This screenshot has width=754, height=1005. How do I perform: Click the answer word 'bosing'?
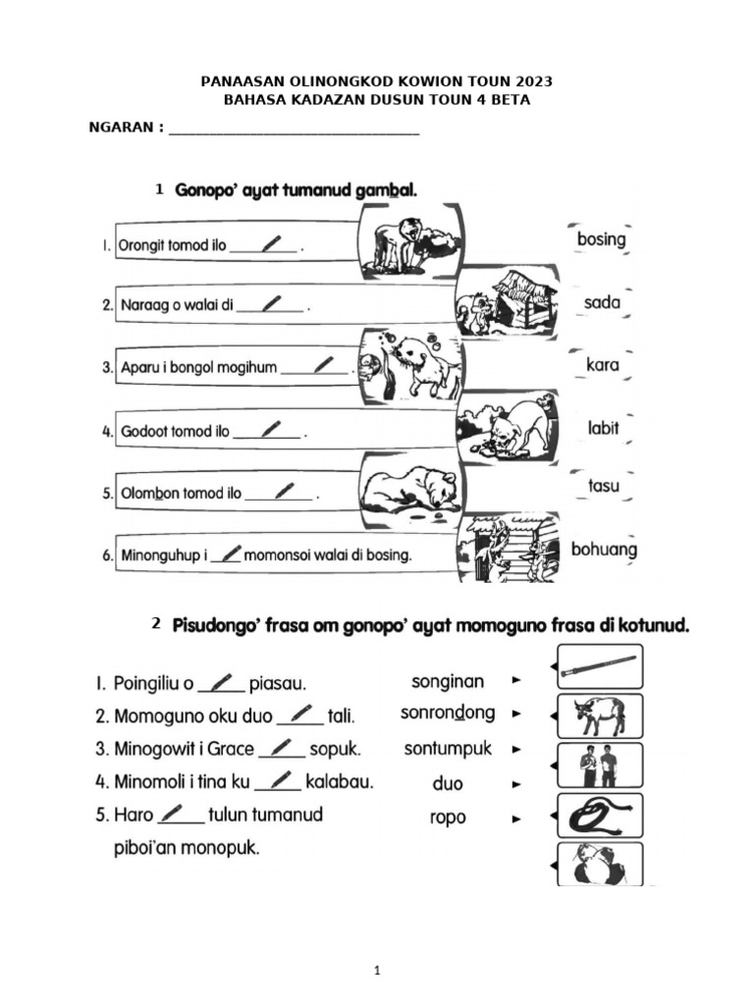[601, 238]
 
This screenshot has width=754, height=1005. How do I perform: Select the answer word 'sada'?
[602, 302]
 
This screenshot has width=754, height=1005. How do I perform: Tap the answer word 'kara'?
[602, 365]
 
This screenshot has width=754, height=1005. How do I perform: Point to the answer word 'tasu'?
[602, 486]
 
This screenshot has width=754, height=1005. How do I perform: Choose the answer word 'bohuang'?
[604, 550]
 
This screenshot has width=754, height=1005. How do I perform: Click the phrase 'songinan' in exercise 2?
[447, 681]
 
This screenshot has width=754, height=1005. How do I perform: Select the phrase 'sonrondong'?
[448, 714]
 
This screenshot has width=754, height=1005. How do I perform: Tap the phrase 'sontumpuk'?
[448, 749]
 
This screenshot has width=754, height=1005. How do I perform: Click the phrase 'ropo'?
[448, 818]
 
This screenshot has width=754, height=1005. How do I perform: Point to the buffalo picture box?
[599, 716]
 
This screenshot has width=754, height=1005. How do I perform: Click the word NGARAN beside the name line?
[121, 129]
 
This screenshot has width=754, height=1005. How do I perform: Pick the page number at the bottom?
[377, 971]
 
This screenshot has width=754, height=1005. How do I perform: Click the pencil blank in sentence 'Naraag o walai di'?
[271, 304]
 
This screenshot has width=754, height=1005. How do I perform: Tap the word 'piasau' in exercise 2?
[279, 683]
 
